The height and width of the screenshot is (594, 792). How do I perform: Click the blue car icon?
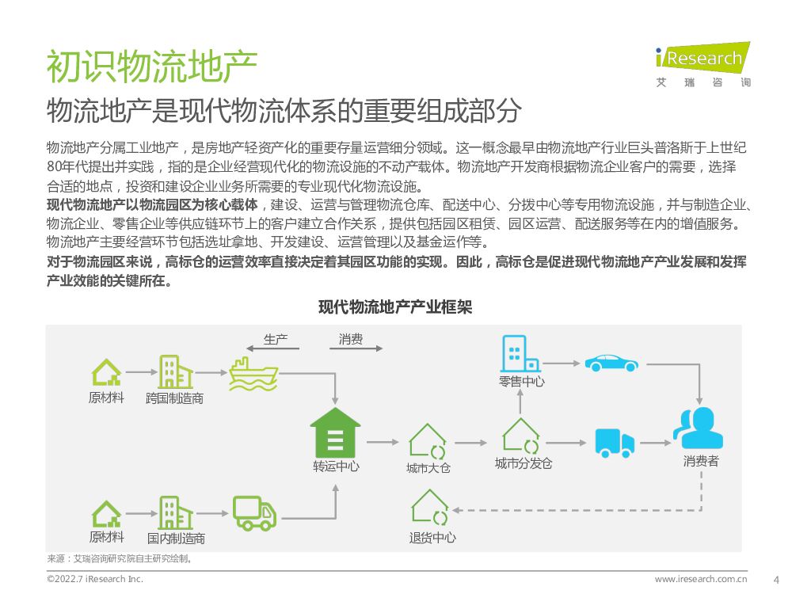pyautogui.click(x=611, y=363)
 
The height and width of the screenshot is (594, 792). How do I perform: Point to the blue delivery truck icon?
pyautogui.click(x=615, y=443)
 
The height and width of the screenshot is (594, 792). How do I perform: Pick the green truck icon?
pyautogui.click(x=254, y=513)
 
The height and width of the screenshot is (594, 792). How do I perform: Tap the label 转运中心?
pyautogui.click(x=335, y=466)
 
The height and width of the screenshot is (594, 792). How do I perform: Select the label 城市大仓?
pyautogui.click(x=428, y=468)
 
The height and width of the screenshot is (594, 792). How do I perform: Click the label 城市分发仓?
pyautogui.click(x=523, y=463)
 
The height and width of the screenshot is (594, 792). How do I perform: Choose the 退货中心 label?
pyautogui.click(x=432, y=538)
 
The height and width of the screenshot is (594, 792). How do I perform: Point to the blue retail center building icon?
pyautogui.click(x=520, y=353)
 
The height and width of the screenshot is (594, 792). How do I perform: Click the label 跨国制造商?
pyautogui.click(x=174, y=398)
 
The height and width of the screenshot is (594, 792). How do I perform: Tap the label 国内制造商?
pyautogui.click(x=175, y=539)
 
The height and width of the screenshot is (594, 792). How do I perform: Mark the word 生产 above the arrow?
pyautogui.click(x=276, y=340)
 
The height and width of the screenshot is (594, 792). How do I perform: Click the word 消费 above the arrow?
pyautogui.click(x=351, y=340)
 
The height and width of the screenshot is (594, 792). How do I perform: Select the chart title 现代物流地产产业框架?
pyautogui.click(x=394, y=307)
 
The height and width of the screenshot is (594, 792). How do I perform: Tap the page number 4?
pyautogui.click(x=775, y=579)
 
